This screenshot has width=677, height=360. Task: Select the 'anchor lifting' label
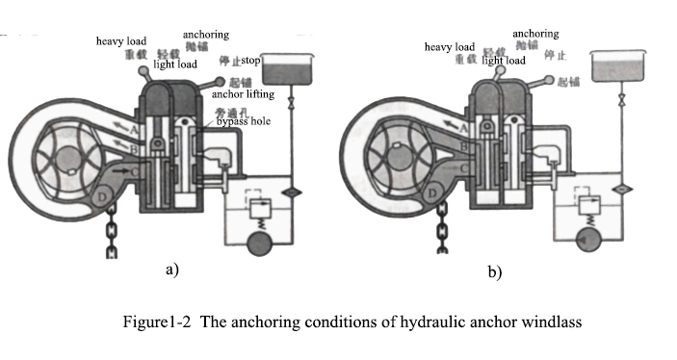click(246, 94)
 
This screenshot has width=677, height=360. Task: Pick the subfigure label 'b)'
click(494, 272)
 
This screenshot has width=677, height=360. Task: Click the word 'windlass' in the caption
click(555, 321)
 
